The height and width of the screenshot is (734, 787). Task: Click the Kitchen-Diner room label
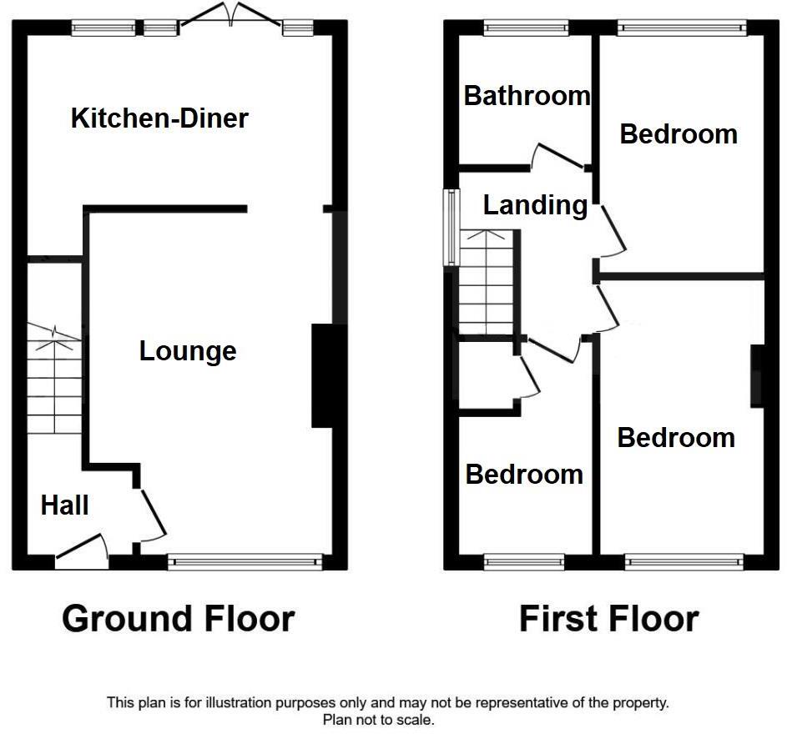click(x=159, y=118)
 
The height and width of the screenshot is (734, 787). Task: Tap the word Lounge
click(x=188, y=351)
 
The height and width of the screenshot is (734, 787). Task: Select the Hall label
click(x=64, y=505)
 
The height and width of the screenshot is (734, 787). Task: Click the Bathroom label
click(x=527, y=96)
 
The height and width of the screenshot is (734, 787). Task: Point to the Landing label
click(x=535, y=204)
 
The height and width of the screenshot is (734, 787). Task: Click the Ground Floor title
click(x=178, y=619)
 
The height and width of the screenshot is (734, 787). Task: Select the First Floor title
click(x=608, y=619)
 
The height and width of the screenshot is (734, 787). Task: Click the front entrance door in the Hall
click(x=82, y=554)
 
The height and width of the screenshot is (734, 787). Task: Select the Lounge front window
click(x=245, y=563)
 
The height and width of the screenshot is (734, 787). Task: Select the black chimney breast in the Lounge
click(x=323, y=376)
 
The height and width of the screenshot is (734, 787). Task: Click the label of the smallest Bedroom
click(x=524, y=475)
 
